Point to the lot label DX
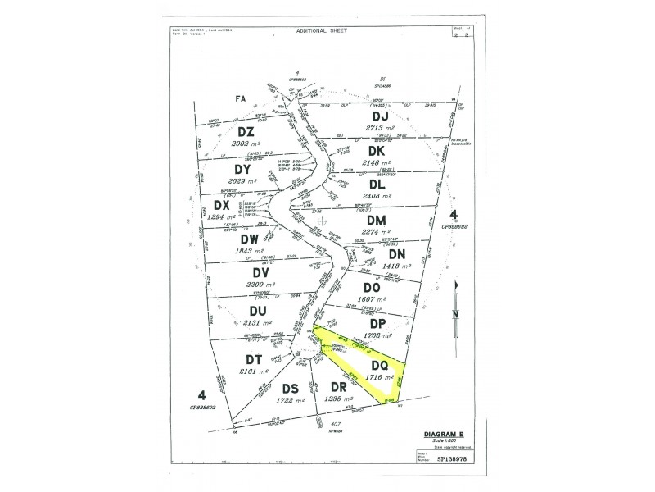[x=221, y=205]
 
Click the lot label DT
[x=253, y=359]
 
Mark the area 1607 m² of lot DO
[x=371, y=298]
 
